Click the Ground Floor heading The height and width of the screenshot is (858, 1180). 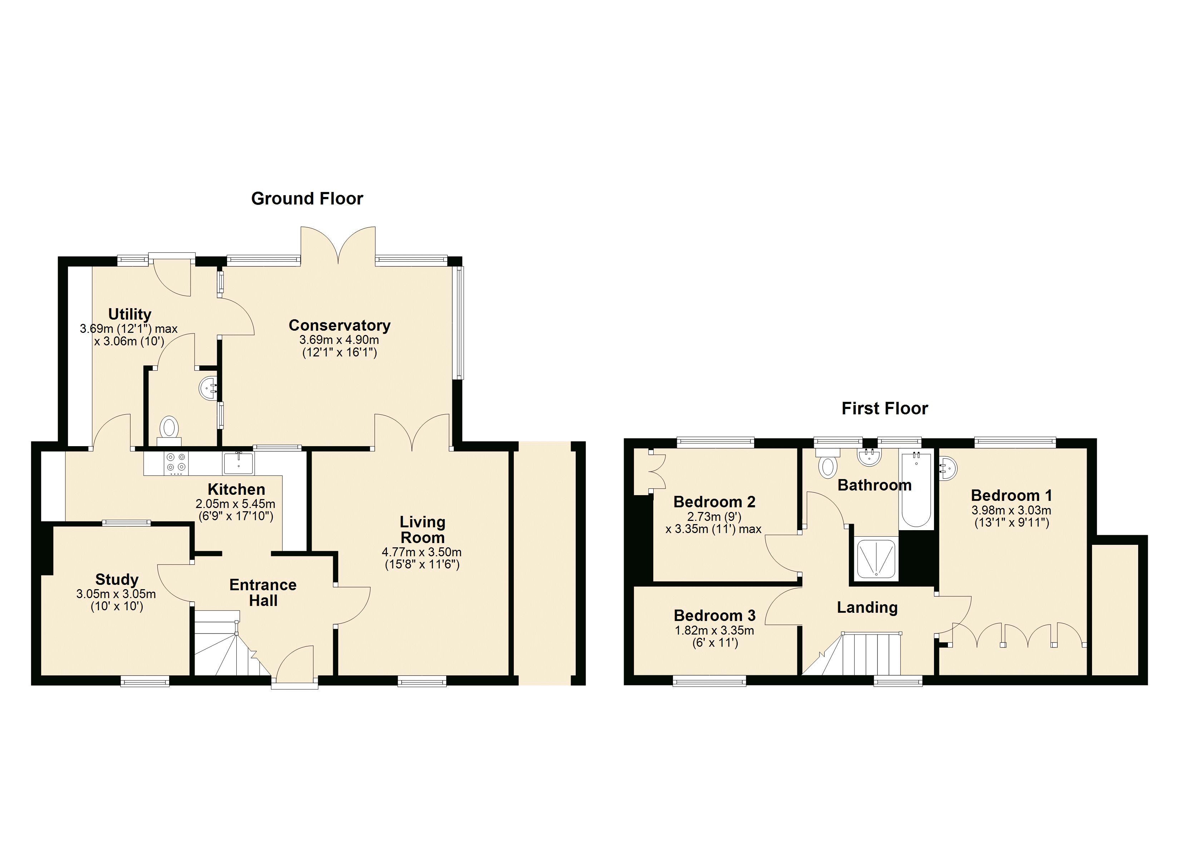point(307,198)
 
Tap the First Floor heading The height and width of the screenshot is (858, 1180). point(885,409)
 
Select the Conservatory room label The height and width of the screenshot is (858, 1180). point(340,325)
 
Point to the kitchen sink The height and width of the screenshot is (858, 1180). point(239,463)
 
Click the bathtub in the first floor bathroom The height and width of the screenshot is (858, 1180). point(916,489)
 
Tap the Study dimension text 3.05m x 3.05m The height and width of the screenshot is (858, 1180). point(116,594)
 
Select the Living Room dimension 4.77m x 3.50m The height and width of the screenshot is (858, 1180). point(422,552)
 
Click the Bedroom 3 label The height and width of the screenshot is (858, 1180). point(714,616)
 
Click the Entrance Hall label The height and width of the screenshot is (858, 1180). point(263,593)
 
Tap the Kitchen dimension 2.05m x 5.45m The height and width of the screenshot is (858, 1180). point(235,504)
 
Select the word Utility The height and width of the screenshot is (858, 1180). point(129,314)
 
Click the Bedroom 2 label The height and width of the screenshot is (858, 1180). point(714,502)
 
